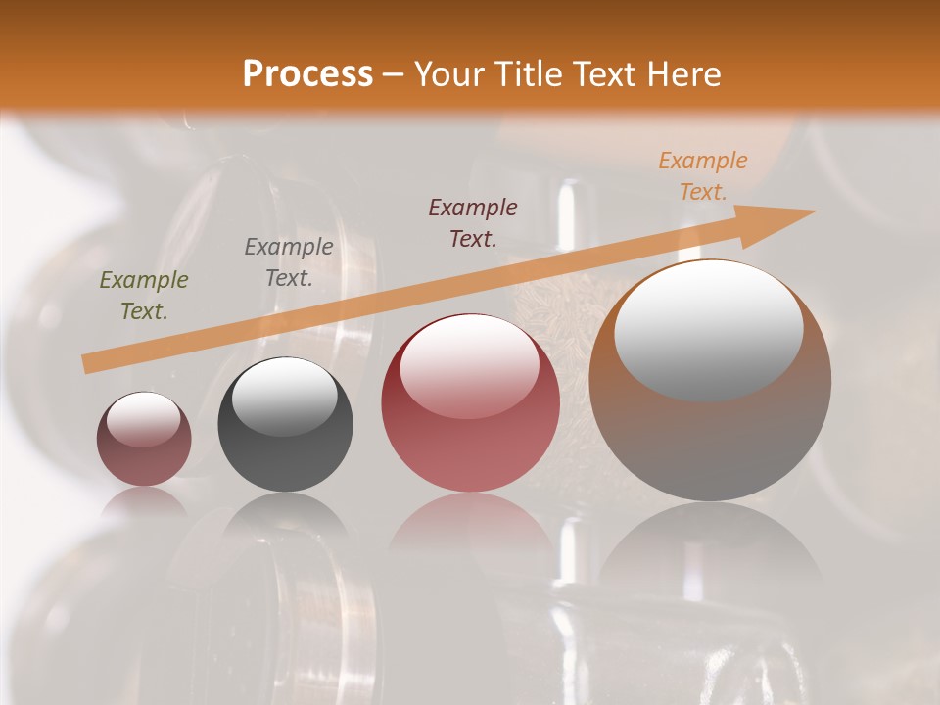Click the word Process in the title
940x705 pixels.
click(307, 74)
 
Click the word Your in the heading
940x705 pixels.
click(451, 74)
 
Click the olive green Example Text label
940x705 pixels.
click(144, 296)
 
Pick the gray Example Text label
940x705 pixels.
click(289, 262)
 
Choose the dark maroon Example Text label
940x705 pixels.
click(473, 222)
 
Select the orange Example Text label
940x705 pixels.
click(703, 176)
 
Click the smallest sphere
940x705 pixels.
click(144, 440)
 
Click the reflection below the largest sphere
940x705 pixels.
click(710, 548)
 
